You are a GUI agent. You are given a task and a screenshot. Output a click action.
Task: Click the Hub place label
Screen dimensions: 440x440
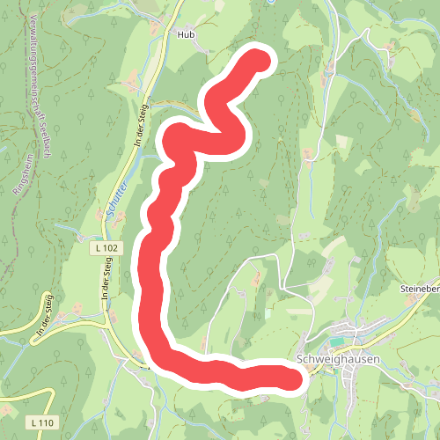tap(184, 34)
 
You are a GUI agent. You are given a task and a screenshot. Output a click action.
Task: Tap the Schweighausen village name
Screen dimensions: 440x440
tap(338, 359)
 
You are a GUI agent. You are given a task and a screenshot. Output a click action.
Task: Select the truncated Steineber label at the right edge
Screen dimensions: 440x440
tap(419, 289)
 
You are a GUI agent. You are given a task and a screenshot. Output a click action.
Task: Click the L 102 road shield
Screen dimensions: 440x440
tap(106, 250)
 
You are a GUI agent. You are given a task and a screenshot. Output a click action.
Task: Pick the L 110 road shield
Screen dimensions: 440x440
tap(41, 423)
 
